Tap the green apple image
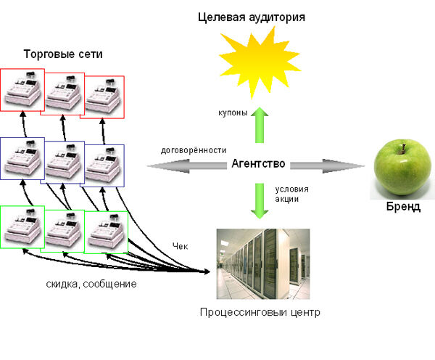click(402, 169)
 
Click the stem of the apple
click(403, 148)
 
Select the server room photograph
click(263, 264)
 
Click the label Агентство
click(258, 163)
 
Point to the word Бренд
click(403, 207)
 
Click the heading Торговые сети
click(63, 54)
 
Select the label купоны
click(233, 112)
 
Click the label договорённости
click(194, 150)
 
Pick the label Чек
click(181, 246)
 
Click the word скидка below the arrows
click(63, 285)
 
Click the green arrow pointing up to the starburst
click(260, 125)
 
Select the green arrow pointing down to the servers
click(260, 201)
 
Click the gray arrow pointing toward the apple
click(328, 165)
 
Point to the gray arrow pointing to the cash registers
click(187, 166)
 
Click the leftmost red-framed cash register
click(22, 90)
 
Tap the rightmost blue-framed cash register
click(104, 165)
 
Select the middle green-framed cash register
click(64, 231)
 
